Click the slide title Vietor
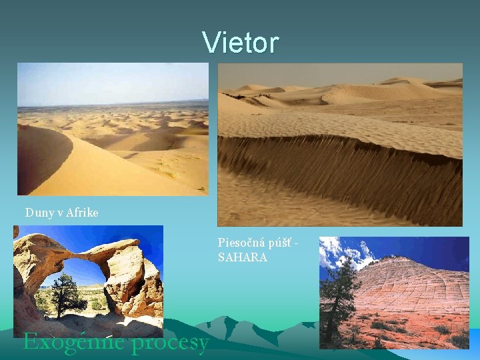[x=241, y=42]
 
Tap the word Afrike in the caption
[x=82, y=213]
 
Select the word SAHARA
[x=243, y=257]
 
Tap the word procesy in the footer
[x=171, y=342]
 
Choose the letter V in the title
[x=211, y=42]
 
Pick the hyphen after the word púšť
[x=295, y=243]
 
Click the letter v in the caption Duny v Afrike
[x=60, y=213]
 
